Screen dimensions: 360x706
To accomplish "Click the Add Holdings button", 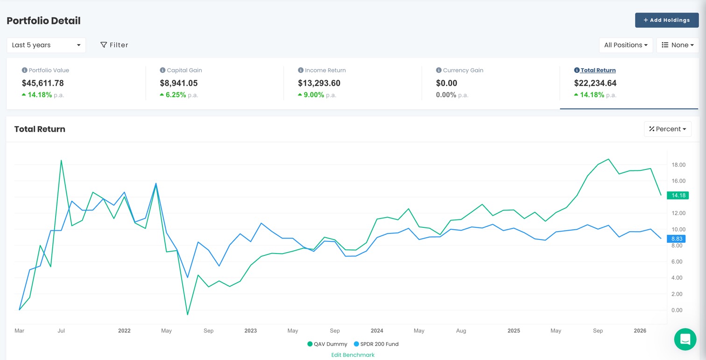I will point(666,20).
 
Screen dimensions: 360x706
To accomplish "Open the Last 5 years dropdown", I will point(46,45).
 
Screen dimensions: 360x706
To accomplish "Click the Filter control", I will point(114,45).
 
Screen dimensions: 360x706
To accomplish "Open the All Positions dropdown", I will point(625,45).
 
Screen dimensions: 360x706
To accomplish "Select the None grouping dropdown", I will point(677,45).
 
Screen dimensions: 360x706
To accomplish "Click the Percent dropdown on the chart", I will point(667,129).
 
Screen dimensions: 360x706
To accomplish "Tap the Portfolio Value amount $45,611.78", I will point(43,83).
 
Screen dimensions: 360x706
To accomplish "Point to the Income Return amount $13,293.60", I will point(319,83).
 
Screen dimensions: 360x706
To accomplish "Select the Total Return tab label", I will point(598,70).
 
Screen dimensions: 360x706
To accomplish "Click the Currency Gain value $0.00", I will point(446,83).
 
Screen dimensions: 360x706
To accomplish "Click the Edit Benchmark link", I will point(353,355).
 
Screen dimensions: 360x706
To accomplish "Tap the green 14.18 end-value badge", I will point(676,195).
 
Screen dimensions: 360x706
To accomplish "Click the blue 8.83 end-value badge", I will point(676,239).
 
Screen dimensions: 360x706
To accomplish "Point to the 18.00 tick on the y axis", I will point(678,165).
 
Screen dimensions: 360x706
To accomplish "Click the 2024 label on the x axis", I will point(377,331).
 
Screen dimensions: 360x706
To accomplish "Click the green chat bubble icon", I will point(685,339).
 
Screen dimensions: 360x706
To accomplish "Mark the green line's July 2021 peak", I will point(61,160).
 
